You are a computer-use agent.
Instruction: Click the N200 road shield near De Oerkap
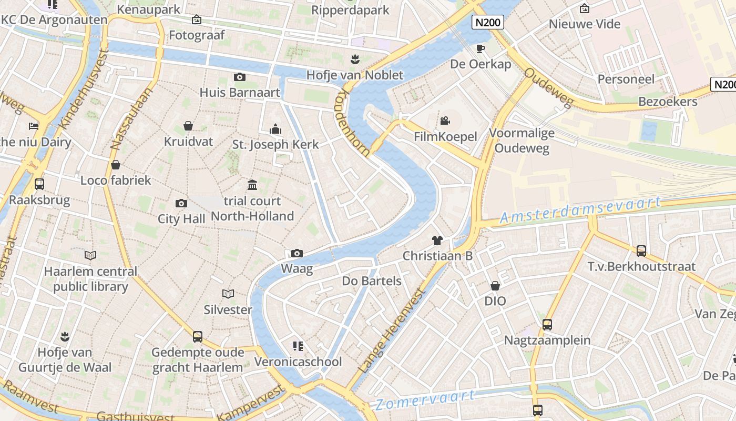[x=488, y=22]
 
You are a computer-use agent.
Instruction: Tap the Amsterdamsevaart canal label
[x=580, y=209]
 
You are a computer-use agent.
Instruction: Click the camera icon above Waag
[x=297, y=253]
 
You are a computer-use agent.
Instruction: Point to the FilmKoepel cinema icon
[x=445, y=121]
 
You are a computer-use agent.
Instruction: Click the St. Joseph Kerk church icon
[x=275, y=128]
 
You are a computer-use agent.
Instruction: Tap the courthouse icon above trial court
[x=252, y=185]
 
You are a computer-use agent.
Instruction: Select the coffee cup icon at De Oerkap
[x=480, y=48]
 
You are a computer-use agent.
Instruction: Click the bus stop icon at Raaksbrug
[x=39, y=184]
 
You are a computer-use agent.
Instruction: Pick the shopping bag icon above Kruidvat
[x=188, y=126]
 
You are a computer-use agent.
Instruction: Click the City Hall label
[x=181, y=219]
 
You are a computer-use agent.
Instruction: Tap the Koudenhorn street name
[x=351, y=124]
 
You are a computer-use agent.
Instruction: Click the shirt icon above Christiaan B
[x=437, y=240]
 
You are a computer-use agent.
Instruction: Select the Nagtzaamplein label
[x=547, y=340]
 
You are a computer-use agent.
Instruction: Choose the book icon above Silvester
[x=228, y=294]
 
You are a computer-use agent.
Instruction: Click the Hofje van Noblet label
[x=355, y=75]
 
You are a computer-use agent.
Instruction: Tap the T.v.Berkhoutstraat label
[x=641, y=267]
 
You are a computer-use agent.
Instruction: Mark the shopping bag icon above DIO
[x=495, y=286]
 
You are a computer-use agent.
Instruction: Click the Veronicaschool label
[x=298, y=362]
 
